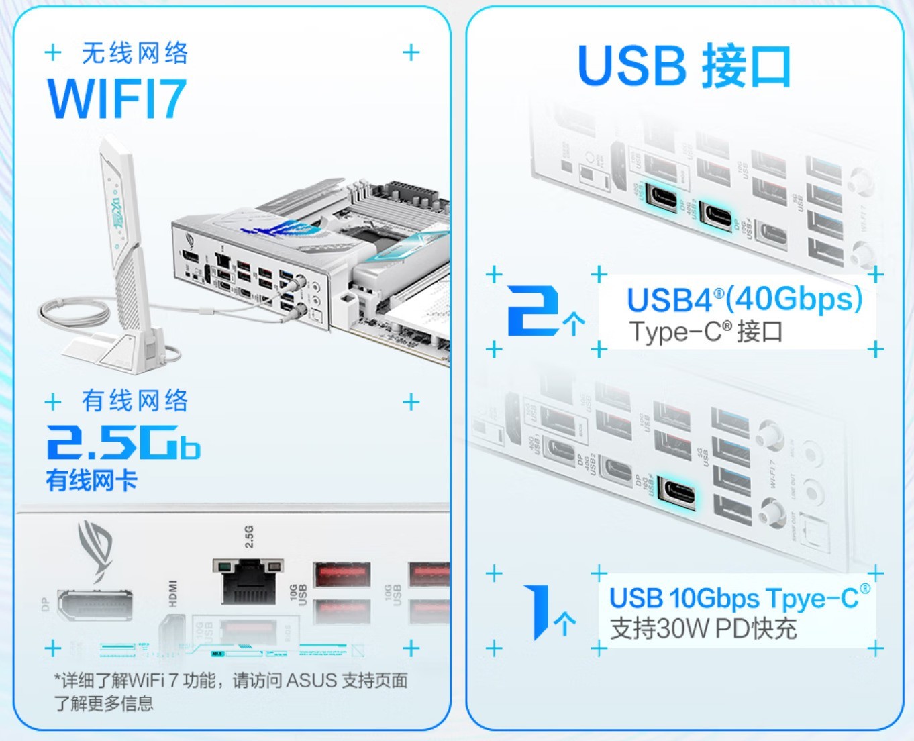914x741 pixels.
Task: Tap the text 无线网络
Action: click(135, 53)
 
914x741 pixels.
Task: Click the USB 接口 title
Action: click(684, 66)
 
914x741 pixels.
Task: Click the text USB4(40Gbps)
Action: click(744, 299)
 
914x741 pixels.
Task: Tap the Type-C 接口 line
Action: click(705, 332)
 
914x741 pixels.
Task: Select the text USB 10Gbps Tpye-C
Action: click(739, 597)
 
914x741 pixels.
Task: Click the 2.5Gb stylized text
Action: click(123, 442)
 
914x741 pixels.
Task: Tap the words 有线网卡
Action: click(91, 481)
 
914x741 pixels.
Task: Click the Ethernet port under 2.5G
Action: click(248, 581)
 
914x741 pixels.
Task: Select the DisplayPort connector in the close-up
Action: click(95, 604)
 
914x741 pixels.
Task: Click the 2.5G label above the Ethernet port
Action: click(249, 536)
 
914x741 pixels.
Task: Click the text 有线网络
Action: click(135, 401)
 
